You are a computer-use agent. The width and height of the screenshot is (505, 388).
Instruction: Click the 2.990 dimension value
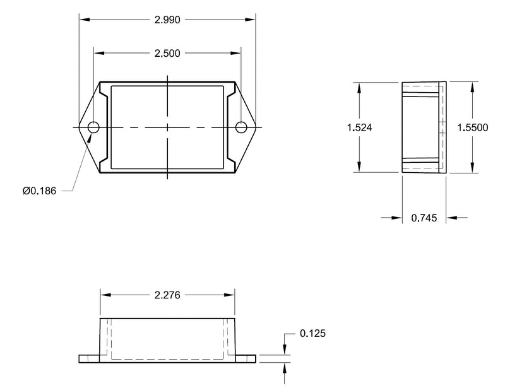(x=167, y=20)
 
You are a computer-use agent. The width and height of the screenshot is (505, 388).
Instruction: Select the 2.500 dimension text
(x=167, y=54)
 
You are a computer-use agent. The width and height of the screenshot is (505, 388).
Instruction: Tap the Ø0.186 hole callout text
(x=39, y=191)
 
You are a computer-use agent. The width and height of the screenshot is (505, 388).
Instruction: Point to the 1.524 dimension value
(x=359, y=127)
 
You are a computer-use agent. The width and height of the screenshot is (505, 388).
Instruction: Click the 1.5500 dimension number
(x=472, y=127)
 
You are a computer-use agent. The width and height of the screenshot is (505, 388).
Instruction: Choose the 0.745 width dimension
(x=424, y=218)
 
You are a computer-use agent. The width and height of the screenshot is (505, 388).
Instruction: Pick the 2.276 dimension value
(x=167, y=295)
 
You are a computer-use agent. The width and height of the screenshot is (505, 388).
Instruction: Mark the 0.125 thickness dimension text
(x=312, y=333)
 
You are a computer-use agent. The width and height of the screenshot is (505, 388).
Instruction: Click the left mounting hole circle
(x=93, y=127)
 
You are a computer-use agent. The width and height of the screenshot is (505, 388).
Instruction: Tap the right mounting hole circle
(x=241, y=127)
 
